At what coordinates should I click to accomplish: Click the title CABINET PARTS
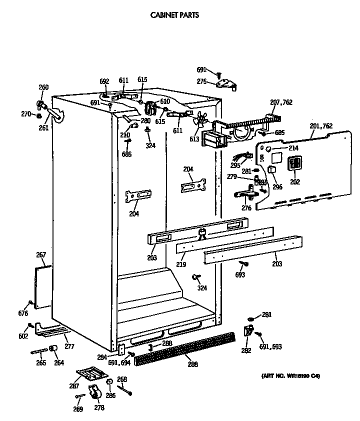click(x=174, y=15)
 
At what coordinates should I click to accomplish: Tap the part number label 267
click(x=41, y=255)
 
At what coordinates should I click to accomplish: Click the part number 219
click(x=180, y=264)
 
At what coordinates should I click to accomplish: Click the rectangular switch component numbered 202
click(x=294, y=163)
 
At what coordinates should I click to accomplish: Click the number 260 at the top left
click(x=43, y=87)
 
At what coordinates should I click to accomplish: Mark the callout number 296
click(x=277, y=187)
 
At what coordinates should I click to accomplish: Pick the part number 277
click(x=69, y=346)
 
